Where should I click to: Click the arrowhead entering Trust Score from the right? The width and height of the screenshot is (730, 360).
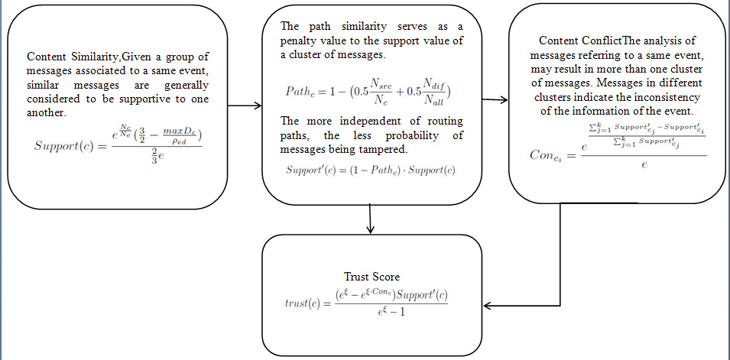pyautogui.click(x=489, y=307)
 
